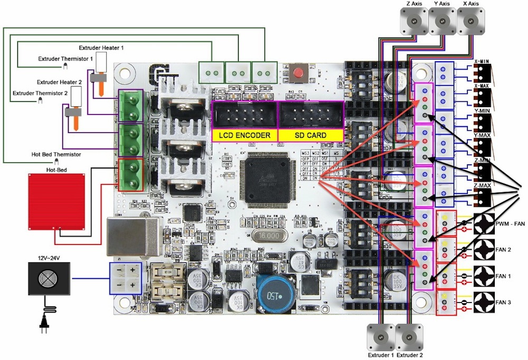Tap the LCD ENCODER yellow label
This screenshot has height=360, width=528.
click(x=244, y=136)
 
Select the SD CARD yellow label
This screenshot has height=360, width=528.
click(x=310, y=136)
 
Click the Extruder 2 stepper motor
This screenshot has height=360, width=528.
click(x=409, y=336)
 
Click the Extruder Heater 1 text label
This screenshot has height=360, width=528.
click(x=101, y=48)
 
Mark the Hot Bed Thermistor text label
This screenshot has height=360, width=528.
click(x=56, y=155)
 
